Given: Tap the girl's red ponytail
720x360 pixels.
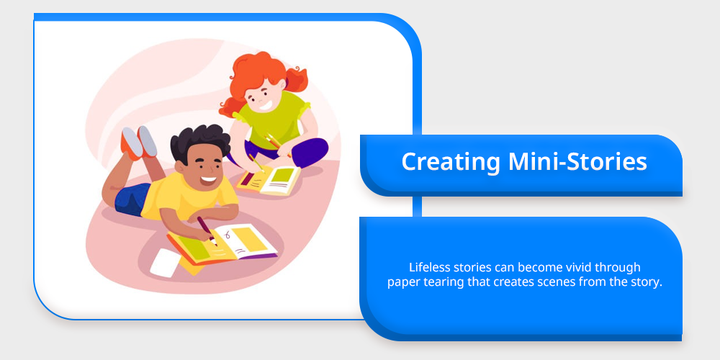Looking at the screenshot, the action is [x=296, y=79].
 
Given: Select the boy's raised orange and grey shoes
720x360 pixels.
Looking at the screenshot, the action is [x=139, y=143].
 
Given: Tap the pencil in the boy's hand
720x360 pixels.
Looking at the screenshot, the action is [x=207, y=231].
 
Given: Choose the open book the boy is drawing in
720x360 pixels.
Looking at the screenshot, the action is [x=222, y=244].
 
